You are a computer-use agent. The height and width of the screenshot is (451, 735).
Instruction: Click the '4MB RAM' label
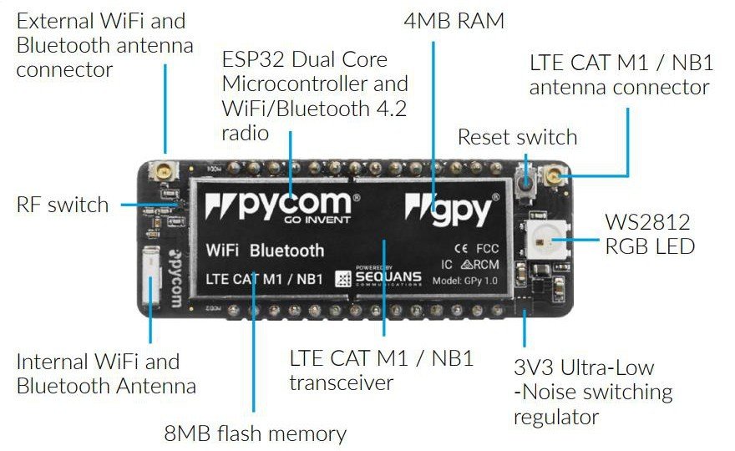[454, 21]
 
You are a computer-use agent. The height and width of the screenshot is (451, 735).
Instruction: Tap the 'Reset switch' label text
[517, 137]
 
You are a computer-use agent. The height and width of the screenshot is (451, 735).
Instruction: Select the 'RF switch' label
[63, 205]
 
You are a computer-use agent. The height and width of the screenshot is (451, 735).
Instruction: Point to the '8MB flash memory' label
[255, 433]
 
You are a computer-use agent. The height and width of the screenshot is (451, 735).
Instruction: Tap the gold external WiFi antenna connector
[157, 173]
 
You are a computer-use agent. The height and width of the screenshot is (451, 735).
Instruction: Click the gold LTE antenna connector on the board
[555, 175]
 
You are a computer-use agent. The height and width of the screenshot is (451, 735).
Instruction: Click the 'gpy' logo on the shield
[455, 206]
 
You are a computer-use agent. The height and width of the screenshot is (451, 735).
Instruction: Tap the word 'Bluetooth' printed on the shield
[286, 250]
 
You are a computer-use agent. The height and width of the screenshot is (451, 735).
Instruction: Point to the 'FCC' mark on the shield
[487, 248]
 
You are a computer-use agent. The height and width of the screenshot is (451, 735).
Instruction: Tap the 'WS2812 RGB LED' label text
[648, 234]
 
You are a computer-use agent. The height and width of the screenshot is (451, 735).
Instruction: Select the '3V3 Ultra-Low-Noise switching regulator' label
[593, 392]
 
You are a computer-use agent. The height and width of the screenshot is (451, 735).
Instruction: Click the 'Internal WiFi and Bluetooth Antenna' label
[106, 373]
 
